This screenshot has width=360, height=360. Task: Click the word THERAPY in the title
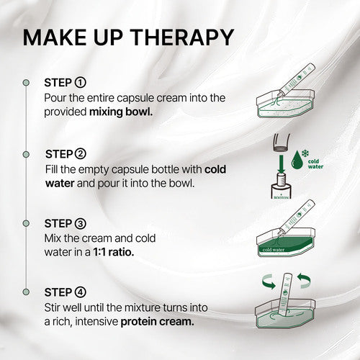[183, 37]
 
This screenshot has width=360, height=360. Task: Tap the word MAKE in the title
[55, 37]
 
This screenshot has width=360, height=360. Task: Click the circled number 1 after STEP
[80, 83]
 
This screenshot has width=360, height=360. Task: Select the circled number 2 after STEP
[80, 154]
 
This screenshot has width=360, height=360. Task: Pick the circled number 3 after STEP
[80, 224]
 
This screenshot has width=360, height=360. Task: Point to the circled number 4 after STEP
[80, 292]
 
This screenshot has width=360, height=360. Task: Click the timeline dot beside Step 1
[26, 83]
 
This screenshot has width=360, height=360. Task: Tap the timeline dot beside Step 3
[26, 223]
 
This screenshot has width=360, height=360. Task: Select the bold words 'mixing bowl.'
[121, 112]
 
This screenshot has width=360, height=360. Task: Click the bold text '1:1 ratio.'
[114, 252]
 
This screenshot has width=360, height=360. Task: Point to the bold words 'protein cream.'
[158, 322]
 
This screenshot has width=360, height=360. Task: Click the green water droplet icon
[297, 160]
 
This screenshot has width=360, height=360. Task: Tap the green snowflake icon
[305, 153]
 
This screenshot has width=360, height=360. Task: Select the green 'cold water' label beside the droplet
[315, 164]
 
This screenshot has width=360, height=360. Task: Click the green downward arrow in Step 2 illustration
[282, 163]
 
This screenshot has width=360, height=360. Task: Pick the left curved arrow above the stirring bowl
[269, 282]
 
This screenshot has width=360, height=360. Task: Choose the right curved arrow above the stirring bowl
[304, 281]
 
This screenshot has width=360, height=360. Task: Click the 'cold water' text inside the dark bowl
[274, 250]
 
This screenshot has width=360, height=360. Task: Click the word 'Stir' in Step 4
[52, 307]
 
